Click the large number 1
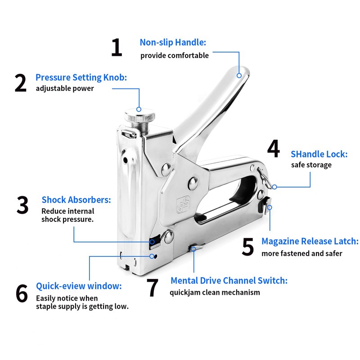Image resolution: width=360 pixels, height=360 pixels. point(117,48)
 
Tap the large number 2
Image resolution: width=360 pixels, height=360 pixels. point(21,84)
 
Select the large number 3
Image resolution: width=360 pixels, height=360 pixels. point(22,205)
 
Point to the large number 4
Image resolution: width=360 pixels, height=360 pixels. point(273,149)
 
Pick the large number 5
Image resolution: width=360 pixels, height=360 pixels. point(248,247)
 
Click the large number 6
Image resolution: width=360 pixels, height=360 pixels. point(22,293)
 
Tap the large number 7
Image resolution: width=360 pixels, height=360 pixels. point(153,288)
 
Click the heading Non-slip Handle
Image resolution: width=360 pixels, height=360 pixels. point(173,43)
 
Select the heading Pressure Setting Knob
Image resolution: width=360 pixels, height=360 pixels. point(81,77)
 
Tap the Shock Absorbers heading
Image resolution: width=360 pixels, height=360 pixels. point(76,200)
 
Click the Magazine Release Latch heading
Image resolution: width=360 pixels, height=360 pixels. point(310,242)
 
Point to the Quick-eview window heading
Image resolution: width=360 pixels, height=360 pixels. point(79,286)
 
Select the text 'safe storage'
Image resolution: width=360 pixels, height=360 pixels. point(311,165)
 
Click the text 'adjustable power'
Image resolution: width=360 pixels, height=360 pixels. point(65,89)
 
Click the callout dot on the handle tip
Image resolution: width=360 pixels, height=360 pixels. point(240,76)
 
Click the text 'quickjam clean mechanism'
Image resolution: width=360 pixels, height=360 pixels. point(215,292)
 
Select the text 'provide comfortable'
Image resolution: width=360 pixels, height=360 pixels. point(175,56)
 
